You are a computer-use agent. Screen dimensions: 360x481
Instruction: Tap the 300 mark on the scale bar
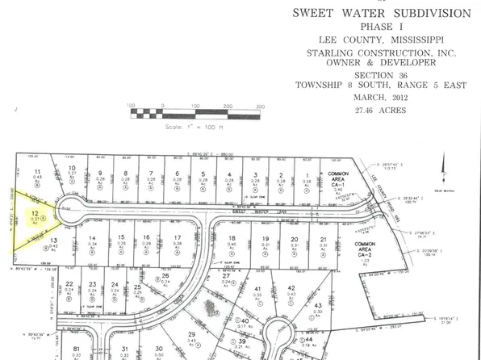pos(260,107)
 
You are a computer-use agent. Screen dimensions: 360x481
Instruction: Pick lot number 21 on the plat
pos(323,240)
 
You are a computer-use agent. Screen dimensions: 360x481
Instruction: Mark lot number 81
pos(77,348)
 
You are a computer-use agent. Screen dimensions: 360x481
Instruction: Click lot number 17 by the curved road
pos(176,238)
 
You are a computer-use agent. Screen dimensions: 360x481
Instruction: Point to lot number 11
pos(38,172)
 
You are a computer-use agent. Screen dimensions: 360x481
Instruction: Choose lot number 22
pos(70,283)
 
